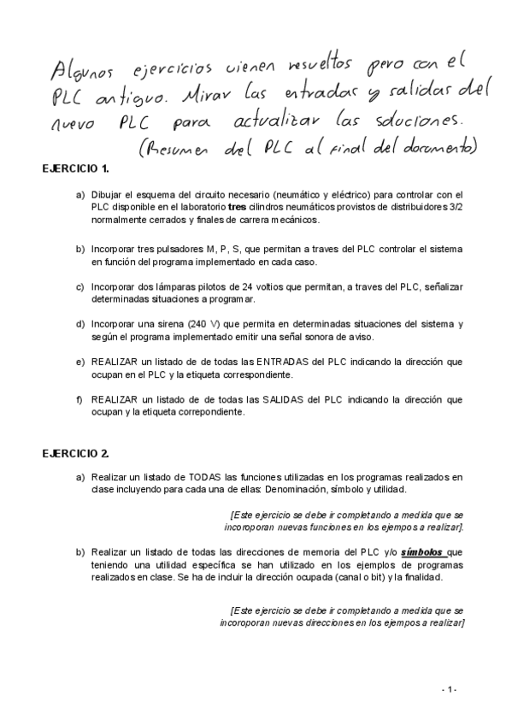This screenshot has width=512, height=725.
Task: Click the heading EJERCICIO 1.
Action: click(75, 168)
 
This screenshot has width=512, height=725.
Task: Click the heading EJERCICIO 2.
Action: click(75, 452)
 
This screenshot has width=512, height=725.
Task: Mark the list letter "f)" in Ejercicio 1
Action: click(79, 399)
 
